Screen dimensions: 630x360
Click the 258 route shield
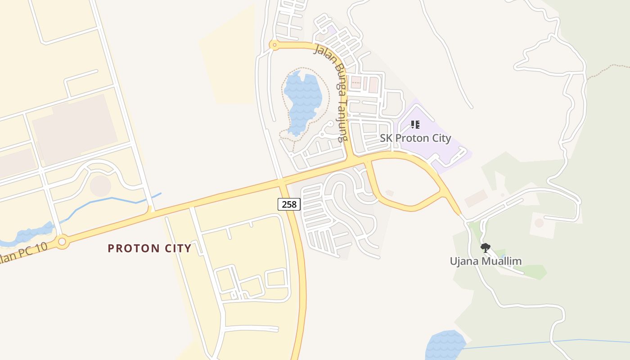pyautogui.click(x=289, y=204)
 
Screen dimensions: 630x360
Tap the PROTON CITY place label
pyautogui.click(x=149, y=248)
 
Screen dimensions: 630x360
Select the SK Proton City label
pyautogui.click(x=415, y=138)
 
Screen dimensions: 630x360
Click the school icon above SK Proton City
pyautogui.click(x=415, y=124)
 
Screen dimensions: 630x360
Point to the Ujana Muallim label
pyautogui.click(x=486, y=261)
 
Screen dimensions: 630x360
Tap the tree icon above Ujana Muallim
pyautogui.click(x=485, y=247)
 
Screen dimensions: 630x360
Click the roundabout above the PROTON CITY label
pyautogui.click(x=62, y=242)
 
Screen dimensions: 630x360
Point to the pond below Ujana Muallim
pyautogui.click(x=445, y=345)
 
